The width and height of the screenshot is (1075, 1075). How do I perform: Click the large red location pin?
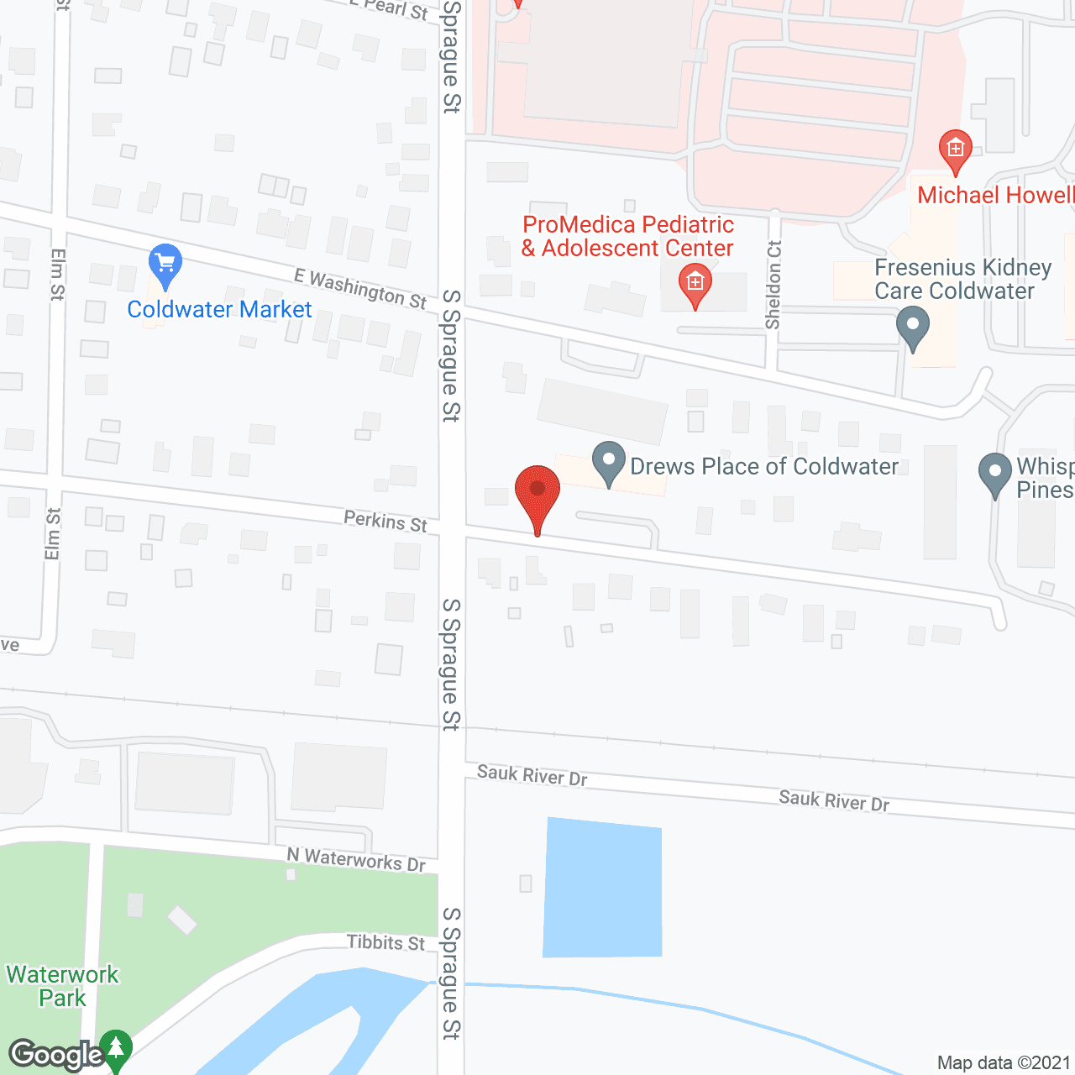[x=537, y=496]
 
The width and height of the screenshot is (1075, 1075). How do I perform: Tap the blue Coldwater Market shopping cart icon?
[x=165, y=265]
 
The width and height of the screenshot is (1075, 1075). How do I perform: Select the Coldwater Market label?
[x=219, y=310]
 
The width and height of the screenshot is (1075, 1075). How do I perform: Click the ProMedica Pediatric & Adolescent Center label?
[x=627, y=237]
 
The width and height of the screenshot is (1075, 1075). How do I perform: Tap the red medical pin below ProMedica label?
[x=695, y=285]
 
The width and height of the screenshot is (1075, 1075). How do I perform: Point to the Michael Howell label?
[x=995, y=196]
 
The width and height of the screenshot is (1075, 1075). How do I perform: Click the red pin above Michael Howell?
[x=955, y=151]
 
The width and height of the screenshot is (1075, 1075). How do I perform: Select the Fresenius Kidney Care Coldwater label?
[x=962, y=280]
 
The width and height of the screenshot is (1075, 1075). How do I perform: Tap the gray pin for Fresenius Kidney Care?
[x=913, y=327]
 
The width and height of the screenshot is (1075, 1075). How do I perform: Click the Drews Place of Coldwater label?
[x=764, y=467]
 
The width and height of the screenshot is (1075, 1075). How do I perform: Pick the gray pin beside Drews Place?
[x=609, y=463]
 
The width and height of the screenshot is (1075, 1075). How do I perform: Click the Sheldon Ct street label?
[x=773, y=285]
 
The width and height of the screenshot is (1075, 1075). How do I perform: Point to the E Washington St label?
[x=360, y=288]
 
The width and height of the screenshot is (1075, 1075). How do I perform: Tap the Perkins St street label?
[x=385, y=522]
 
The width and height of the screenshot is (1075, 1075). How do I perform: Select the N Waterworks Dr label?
[x=356, y=859]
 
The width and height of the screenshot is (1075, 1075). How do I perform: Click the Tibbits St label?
[x=386, y=943]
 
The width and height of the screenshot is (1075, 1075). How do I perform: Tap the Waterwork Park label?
[x=63, y=987]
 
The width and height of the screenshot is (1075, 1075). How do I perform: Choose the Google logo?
[x=56, y=1055]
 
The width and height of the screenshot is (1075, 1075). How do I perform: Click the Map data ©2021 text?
[x=1004, y=1063]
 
